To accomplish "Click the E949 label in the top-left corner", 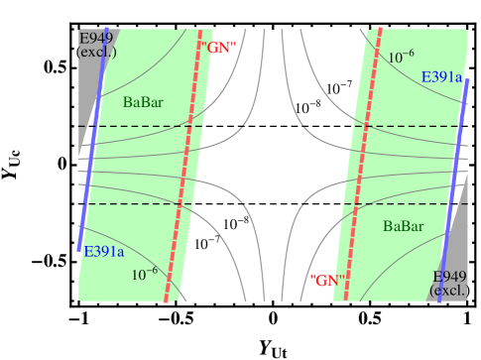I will click(96, 39).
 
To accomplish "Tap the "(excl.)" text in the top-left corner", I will click(97, 53).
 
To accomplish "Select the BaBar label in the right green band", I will click(403, 226).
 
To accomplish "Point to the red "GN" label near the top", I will click(218, 47).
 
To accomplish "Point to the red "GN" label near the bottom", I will click(326, 281).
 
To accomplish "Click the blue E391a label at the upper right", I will click(441, 77).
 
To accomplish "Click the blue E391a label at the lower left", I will click(103, 252).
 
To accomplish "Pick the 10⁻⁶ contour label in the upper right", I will click(401, 58).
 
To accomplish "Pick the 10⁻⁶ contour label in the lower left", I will click(145, 274).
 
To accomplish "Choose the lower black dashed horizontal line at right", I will click(397, 203).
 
